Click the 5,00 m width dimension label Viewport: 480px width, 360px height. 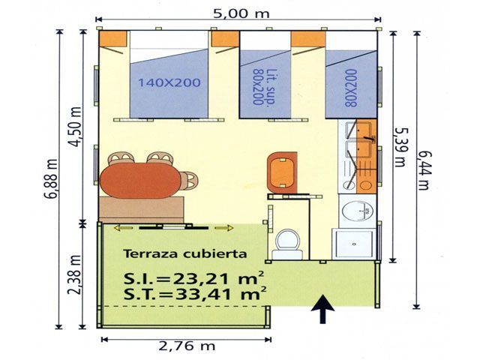(241, 13)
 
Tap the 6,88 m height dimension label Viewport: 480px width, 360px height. (52, 179)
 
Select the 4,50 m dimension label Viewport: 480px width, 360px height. (76, 127)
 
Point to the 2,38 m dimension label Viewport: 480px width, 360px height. (74, 274)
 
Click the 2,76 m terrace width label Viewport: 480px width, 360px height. (187, 346)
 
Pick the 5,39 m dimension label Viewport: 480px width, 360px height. (400, 147)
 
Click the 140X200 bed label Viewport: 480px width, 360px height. (169, 82)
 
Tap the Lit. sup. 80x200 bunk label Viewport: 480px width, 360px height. (262, 87)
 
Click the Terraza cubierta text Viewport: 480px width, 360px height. (185, 253)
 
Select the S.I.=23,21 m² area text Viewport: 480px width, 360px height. (193, 278)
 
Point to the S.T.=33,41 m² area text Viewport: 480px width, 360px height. (195, 294)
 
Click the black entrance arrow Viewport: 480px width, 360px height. (322, 309)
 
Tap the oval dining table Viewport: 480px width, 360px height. (140, 180)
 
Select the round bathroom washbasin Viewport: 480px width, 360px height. (358, 211)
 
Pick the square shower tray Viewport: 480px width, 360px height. (353, 244)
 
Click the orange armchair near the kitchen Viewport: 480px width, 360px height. (282, 172)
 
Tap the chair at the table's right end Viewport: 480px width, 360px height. (189, 181)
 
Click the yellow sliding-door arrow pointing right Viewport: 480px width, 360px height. (223, 228)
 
